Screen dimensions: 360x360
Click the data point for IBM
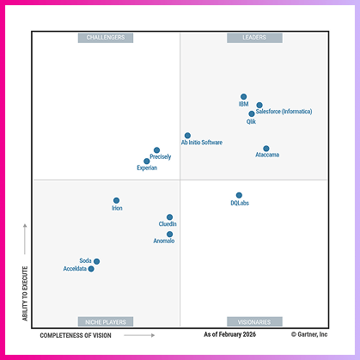click(x=244, y=97)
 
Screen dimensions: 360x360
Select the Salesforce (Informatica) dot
click(x=259, y=106)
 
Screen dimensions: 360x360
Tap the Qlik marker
click(x=252, y=113)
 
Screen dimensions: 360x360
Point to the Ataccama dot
click(x=266, y=149)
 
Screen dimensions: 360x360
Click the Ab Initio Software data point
click(x=187, y=135)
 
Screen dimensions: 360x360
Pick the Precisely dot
click(x=156, y=150)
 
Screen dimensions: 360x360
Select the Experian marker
click(x=147, y=161)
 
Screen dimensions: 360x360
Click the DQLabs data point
click(x=239, y=195)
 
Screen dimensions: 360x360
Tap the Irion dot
click(x=117, y=200)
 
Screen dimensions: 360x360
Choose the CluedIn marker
click(x=169, y=217)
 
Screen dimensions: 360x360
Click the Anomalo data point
click(x=169, y=234)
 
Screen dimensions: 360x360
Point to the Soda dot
click(x=96, y=261)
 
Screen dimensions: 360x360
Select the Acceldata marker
click(x=91, y=269)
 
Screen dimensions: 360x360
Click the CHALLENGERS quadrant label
click(x=106, y=38)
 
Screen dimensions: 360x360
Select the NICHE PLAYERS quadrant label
click(x=106, y=321)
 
